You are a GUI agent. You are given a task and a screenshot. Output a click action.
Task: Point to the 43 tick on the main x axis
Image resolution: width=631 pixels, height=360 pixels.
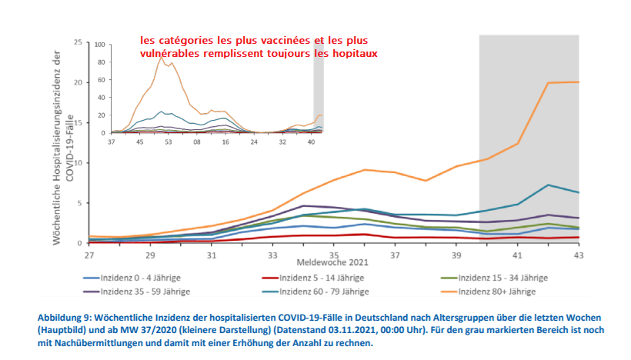coord(579,254)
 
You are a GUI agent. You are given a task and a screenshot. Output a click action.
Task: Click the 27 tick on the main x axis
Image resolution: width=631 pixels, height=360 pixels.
coord(89,254)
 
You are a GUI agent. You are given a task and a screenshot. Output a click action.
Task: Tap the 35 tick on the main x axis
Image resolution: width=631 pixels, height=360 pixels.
coord(334,254)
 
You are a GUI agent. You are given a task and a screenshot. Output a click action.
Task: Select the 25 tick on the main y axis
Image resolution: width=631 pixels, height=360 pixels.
coord(78,42)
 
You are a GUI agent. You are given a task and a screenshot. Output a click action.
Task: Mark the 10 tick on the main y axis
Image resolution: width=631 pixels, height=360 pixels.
coord(78,162)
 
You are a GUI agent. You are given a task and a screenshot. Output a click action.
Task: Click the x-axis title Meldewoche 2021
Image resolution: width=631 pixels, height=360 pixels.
coord(333,262)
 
